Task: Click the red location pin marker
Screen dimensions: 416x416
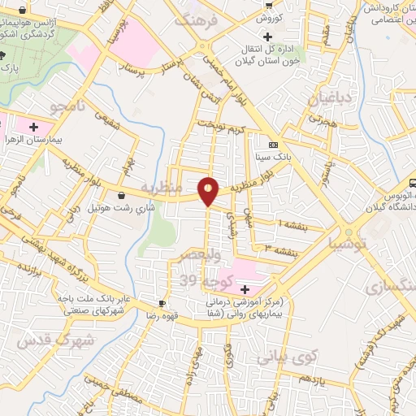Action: (209, 190)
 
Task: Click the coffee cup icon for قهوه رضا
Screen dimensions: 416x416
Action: (162, 304)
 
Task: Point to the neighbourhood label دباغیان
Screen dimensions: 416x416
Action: (331, 100)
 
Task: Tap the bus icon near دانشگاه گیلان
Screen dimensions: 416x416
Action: (412, 183)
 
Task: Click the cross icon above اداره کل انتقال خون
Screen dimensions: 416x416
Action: (266, 37)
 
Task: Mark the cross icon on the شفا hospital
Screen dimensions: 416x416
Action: (245, 289)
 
